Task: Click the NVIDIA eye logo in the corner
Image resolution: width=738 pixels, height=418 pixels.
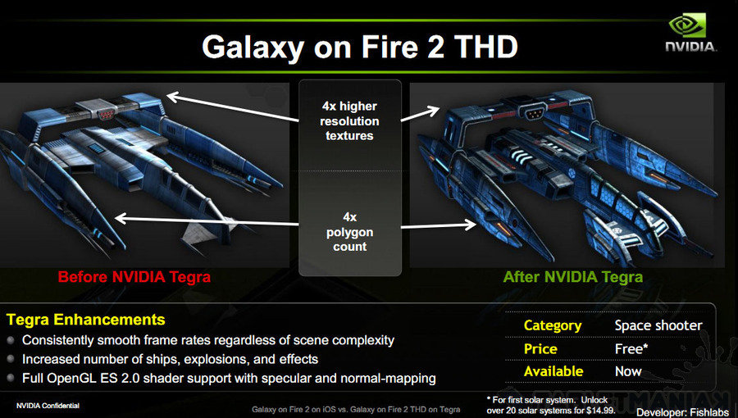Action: pyautogui.click(x=688, y=25)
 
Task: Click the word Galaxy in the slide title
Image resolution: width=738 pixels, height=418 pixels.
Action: pyautogui.click(x=253, y=48)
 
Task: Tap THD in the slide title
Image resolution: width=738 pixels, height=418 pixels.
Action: pyautogui.click(x=485, y=47)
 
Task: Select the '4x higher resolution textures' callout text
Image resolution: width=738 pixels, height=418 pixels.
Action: pyautogui.click(x=349, y=120)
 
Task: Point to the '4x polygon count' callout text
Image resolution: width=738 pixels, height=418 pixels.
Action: pyautogui.click(x=349, y=232)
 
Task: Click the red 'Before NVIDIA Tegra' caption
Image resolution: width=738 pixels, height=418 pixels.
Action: pyautogui.click(x=134, y=276)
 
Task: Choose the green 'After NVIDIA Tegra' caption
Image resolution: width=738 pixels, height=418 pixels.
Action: pyautogui.click(x=573, y=276)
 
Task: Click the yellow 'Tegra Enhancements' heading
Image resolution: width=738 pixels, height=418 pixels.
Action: pyautogui.click(x=85, y=320)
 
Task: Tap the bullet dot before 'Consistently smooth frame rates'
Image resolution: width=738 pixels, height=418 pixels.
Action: pyautogui.click(x=11, y=339)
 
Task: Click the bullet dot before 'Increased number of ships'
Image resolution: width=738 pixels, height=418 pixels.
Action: pyautogui.click(x=11, y=359)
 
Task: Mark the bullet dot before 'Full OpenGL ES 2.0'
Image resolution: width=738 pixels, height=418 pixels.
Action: pyautogui.click(x=11, y=378)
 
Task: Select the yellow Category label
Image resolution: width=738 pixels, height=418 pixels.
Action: pyautogui.click(x=553, y=326)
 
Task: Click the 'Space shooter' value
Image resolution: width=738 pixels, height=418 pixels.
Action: pyautogui.click(x=658, y=325)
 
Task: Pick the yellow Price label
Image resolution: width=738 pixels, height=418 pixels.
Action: pyautogui.click(x=540, y=349)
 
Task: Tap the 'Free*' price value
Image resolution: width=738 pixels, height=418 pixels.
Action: pyautogui.click(x=631, y=349)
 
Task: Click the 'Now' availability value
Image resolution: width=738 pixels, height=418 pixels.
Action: pyautogui.click(x=628, y=371)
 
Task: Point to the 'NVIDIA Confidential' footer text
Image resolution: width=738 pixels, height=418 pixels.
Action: pyautogui.click(x=48, y=406)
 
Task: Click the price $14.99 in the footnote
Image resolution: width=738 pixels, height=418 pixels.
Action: pyautogui.click(x=600, y=410)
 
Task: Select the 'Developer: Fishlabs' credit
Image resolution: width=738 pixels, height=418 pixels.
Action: pyautogui.click(x=682, y=413)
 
